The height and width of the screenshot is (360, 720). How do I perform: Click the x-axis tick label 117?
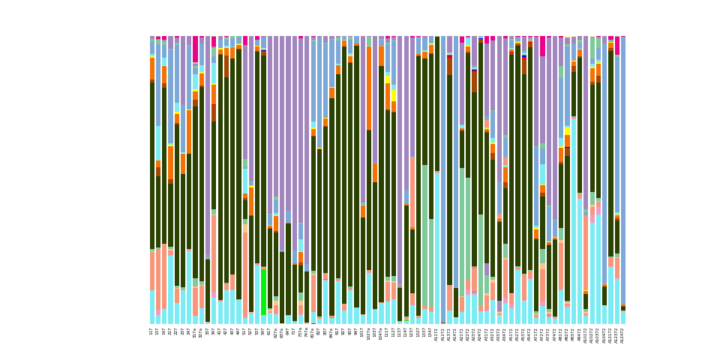tap(151, 331)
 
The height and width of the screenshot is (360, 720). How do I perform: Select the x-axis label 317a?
tap(195, 333)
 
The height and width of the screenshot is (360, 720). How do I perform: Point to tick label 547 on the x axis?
tap(263, 331)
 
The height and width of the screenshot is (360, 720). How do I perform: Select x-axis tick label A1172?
tap(436, 334)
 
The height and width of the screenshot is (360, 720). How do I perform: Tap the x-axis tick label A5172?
tap(511, 334)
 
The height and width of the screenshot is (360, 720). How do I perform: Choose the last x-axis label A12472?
tap(622, 334)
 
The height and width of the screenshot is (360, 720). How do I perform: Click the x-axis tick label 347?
tap(214, 331)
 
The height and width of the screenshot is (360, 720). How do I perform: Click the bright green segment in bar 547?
tap(263, 292)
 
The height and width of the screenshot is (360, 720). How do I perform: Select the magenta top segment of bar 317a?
tap(195, 49)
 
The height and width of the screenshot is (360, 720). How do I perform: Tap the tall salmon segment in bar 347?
tap(214, 255)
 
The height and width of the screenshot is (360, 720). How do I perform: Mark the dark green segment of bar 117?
tap(151, 165)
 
